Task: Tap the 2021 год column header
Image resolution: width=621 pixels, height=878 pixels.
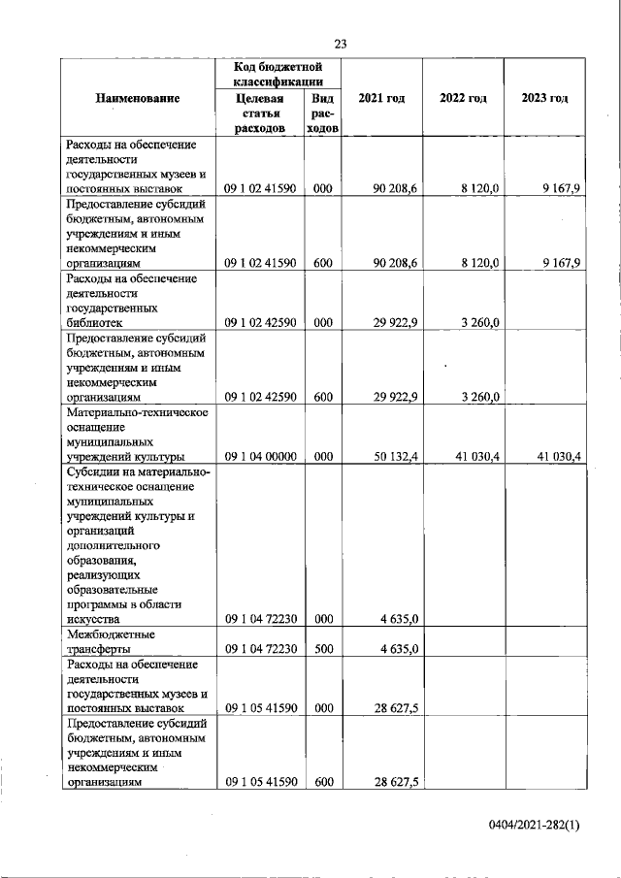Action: coord(381,98)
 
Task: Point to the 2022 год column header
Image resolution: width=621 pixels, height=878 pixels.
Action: coord(463,98)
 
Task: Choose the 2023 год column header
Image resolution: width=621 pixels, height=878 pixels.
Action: coord(544,98)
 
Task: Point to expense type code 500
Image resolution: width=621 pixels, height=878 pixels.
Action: coord(324,649)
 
